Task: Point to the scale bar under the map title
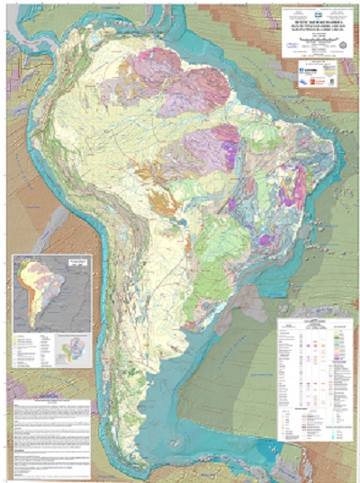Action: [310, 48]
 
